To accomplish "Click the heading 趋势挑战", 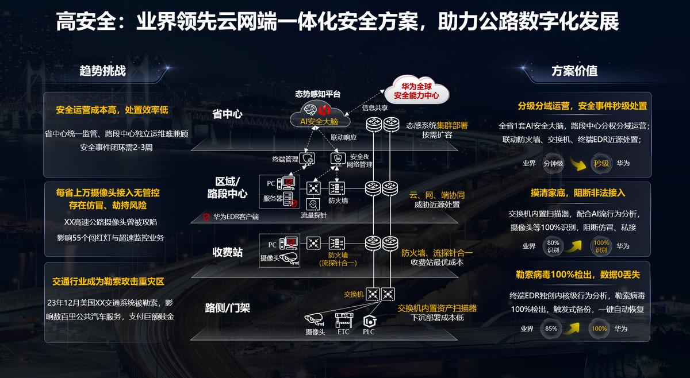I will pyautogui.click(x=102, y=71).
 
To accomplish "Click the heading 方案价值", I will pyautogui.click(x=574, y=71).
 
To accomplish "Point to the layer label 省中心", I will pyautogui.click(x=227, y=114).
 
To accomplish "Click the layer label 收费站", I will pyautogui.click(x=227, y=252).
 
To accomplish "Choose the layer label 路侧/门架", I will pyautogui.click(x=227, y=308).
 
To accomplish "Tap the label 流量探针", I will pyautogui.click(x=313, y=215).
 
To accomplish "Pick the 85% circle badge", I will pyautogui.click(x=551, y=329).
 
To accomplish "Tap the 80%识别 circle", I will pyautogui.click(x=553, y=246).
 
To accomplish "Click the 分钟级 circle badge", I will pyautogui.click(x=553, y=164).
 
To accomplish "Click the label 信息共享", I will pyautogui.click(x=374, y=107).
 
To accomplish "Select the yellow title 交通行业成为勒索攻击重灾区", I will pyautogui.click(x=108, y=281).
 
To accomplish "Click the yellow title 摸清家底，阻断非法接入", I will pyautogui.click(x=577, y=193).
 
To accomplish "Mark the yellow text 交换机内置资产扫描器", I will pyautogui.click(x=437, y=308).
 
